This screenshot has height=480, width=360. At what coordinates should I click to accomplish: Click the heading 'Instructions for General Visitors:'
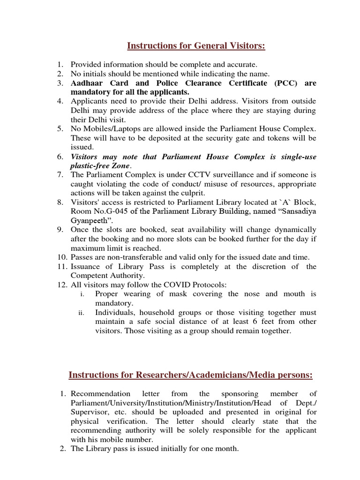click(x=196, y=45)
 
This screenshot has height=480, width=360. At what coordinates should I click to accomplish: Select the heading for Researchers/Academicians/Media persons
click(x=190, y=375)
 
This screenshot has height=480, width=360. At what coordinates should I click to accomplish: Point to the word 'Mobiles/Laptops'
click(x=108, y=128)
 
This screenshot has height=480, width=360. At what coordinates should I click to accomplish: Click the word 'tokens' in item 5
click(x=277, y=138)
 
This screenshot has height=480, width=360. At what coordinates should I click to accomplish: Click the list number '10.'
click(x=63, y=257)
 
